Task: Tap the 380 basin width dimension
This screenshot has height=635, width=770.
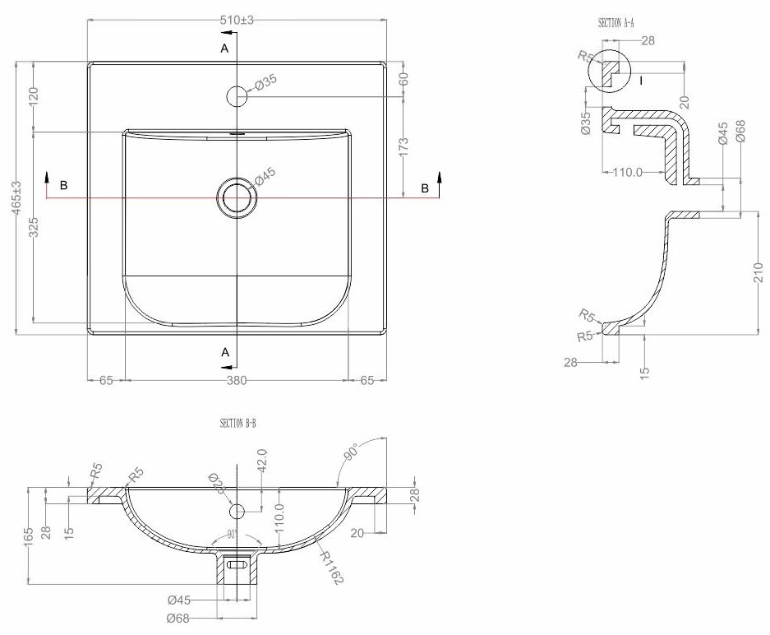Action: [237, 381]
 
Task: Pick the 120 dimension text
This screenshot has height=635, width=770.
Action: [35, 96]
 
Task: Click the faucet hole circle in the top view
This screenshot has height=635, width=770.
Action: [237, 96]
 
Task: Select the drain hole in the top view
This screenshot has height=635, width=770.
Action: [237, 197]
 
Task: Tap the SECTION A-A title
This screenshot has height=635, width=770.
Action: [616, 24]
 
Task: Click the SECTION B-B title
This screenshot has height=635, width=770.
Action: [238, 424]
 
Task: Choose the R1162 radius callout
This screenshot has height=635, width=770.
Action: [331, 567]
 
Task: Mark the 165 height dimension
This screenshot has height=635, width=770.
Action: [29, 535]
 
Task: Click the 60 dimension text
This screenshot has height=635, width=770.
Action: [403, 80]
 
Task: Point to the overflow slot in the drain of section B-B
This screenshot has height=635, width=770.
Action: [237, 565]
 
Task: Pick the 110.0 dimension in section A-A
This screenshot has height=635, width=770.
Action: [628, 172]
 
